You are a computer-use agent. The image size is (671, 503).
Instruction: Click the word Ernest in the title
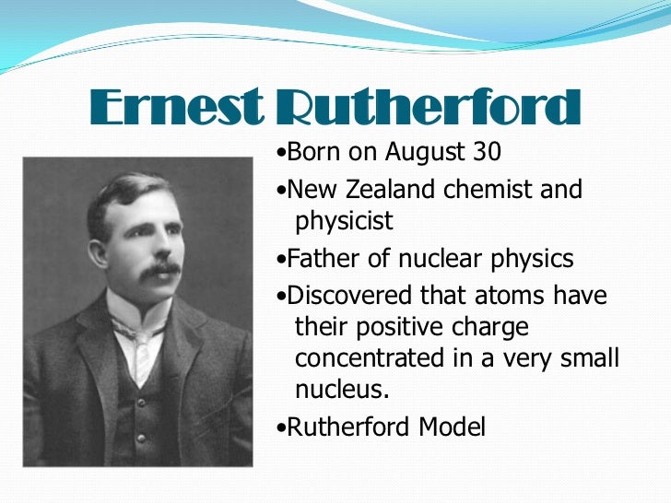[x=172, y=111]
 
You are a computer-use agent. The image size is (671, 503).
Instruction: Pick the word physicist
[x=344, y=221]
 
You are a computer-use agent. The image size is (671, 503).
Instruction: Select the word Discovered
[x=347, y=297]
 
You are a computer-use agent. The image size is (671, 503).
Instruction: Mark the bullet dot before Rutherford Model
[x=280, y=428]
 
